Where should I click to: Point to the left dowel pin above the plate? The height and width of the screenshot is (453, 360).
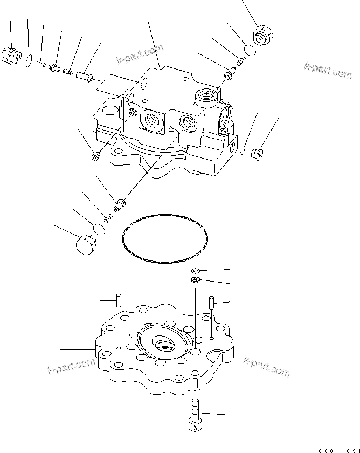tap(118, 301)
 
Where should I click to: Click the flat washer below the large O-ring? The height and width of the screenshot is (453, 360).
tap(196, 270)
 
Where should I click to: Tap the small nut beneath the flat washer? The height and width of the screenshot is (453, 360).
tap(196, 279)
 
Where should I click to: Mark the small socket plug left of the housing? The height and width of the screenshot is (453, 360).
tap(95, 156)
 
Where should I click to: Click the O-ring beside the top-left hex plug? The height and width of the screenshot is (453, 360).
tap(29, 60)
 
